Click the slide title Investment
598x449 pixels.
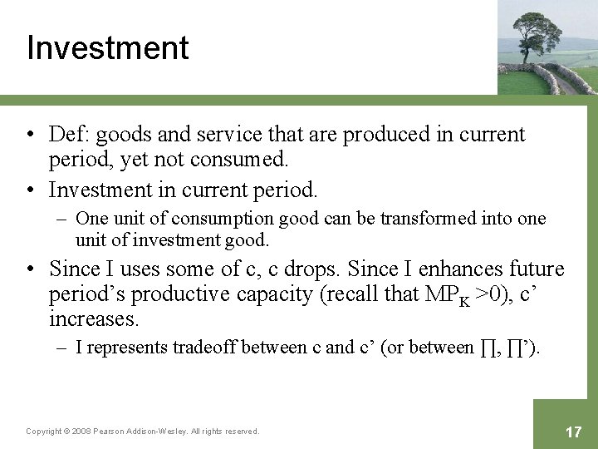[107, 48]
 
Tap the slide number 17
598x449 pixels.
[573, 432]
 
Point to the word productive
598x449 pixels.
[179, 294]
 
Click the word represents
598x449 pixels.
[128, 348]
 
